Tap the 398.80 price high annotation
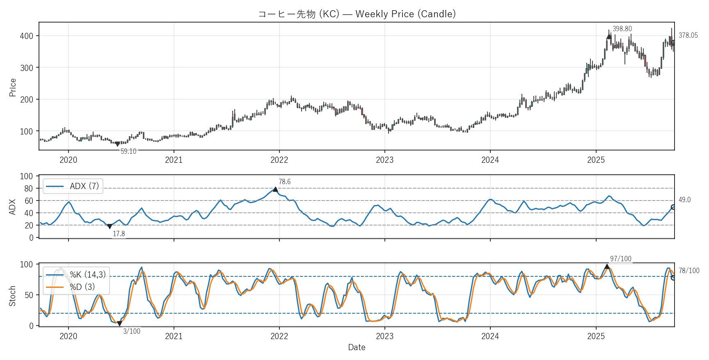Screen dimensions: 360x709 coord(622,29)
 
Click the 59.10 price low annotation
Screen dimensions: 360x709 coord(128,151)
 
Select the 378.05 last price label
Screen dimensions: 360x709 coord(688,35)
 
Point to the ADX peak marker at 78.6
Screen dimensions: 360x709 coord(275,189)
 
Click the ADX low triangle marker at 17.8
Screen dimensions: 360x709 coord(110,226)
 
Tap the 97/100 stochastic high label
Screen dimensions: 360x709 coord(620,259)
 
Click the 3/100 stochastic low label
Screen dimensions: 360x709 coord(132,331)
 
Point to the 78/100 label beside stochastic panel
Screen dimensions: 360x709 coord(689,271)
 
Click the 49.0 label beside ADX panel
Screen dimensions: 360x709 coord(684,200)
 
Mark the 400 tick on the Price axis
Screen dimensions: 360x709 coord(26,36)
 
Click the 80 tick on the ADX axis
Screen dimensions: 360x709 coord(28,189)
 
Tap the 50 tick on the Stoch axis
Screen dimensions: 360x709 coord(28,295)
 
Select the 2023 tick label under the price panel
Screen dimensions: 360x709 coord(384,160)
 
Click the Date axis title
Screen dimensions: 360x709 coord(357,347)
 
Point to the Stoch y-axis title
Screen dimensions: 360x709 coord(12,296)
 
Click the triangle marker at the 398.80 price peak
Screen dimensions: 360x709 coord(609,36)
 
